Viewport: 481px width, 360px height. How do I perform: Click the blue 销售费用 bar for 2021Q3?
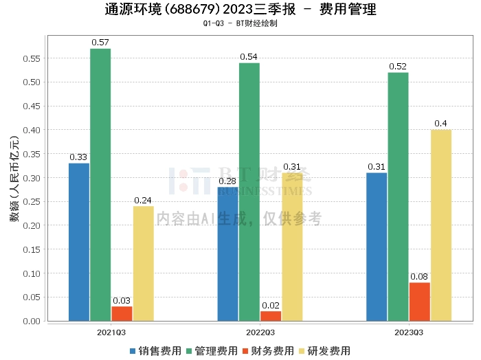79,242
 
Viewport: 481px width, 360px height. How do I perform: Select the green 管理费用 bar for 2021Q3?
100,184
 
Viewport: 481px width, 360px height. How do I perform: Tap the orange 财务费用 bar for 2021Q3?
122,313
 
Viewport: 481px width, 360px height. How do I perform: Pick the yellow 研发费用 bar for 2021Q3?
143,263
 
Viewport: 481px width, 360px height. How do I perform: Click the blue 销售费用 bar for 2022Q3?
228,254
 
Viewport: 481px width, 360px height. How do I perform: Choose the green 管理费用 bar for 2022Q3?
249,192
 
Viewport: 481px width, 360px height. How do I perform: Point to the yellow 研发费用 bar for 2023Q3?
440,225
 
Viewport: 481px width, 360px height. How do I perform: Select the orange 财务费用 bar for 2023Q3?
419,302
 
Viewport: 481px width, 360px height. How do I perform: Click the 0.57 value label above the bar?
100,43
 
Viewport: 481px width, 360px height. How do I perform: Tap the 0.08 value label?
419,277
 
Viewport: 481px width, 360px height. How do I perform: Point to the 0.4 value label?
440,124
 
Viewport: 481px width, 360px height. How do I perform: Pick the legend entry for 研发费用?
322,350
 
